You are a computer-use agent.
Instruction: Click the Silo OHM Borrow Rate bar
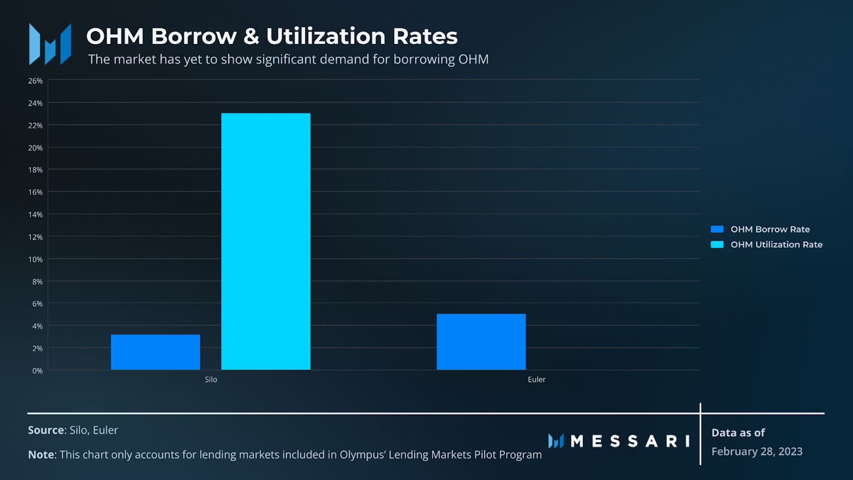point(155,352)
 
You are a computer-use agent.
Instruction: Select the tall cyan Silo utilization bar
point(266,241)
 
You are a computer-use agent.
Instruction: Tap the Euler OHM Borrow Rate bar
point(481,342)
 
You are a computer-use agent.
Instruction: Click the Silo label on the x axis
point(211,380)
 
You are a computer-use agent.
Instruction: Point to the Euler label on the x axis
point(536,380)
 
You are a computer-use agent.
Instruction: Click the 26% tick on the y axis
point(35,81)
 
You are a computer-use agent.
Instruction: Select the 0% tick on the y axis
point(37,371)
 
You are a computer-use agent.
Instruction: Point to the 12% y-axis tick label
point(35,237)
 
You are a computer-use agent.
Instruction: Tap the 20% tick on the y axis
point(35,148)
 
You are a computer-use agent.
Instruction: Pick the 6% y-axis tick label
point(37,304)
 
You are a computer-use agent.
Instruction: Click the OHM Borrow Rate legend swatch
point(717,229)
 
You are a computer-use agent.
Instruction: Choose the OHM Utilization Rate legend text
point(776,245)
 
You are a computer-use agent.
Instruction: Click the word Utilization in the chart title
point(326,36)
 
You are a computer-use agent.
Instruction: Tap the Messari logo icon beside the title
point(50,44)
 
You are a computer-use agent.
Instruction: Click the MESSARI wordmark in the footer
point(630,441)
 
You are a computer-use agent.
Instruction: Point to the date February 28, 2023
point(757,452)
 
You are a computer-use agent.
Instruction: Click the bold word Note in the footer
point(41,455)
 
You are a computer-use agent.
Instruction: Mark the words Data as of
point(738,433)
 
